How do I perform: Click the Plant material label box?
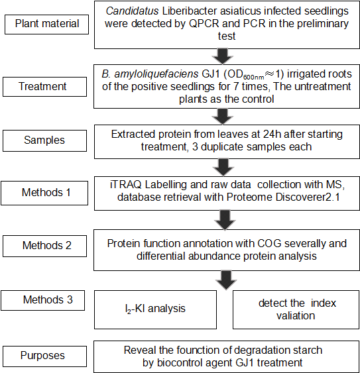46,25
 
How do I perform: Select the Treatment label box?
45,87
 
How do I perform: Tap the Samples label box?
45,140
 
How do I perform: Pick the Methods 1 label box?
44,193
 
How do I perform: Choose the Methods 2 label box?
45,246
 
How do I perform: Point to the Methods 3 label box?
43,300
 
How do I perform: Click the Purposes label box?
45,356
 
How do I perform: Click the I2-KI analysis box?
156,309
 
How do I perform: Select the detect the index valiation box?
296,309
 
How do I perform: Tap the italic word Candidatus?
132,11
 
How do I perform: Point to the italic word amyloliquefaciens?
156,74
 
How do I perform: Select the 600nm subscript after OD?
253,77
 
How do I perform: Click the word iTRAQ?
126,185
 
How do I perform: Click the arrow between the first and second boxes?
223,56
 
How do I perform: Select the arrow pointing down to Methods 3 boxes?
226,280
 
